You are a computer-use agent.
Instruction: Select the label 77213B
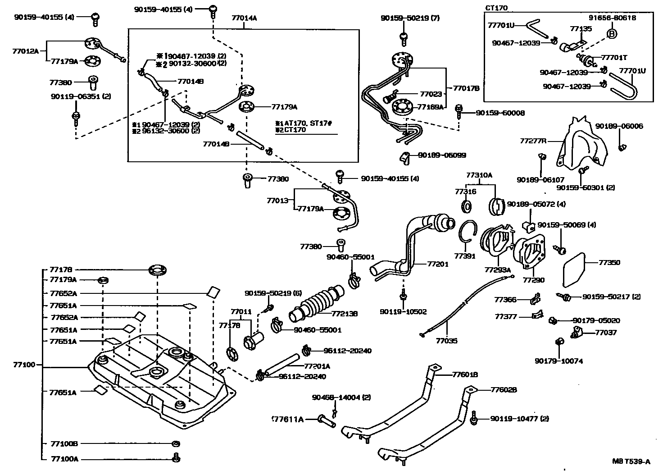point(345,314)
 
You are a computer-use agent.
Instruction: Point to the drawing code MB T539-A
point(631,461)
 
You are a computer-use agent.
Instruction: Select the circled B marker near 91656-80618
point(612,33)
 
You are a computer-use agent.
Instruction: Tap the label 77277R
point(533,141)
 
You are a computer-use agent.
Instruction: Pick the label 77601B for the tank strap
point(465,374)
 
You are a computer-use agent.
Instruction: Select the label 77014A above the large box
point(244,18)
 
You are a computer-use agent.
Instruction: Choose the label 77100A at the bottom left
point(64,459)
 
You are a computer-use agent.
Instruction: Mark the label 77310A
point(479,175)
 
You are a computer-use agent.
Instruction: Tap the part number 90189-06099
point(442,155)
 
